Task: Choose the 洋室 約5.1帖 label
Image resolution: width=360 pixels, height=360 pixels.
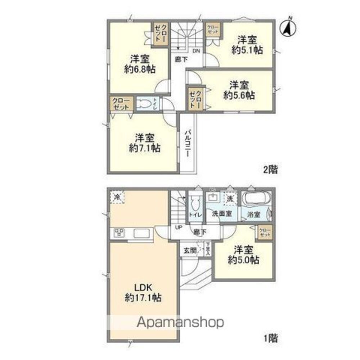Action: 247,45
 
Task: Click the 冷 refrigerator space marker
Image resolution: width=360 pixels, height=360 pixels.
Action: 117,197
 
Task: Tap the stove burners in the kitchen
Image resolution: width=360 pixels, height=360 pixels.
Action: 119,233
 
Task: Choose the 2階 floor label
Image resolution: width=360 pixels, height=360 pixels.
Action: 270,170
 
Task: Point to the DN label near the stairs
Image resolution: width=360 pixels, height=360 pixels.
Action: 196,51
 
